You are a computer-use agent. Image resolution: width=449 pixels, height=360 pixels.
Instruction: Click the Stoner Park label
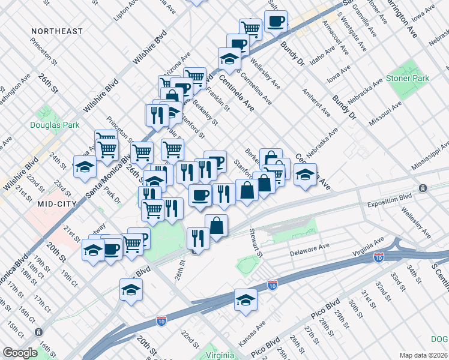coord(411,79)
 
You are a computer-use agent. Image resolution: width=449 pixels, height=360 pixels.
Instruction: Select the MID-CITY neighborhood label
coord(54,204)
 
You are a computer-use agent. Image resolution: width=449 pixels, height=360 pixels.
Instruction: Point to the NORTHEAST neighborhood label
coord(56,31)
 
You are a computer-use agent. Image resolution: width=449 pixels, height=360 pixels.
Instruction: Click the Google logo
coord(20,353)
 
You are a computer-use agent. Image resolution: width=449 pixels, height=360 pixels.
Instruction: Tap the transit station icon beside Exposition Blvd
coord(424,188)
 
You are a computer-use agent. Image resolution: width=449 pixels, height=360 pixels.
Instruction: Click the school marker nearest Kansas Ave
coord(246,299)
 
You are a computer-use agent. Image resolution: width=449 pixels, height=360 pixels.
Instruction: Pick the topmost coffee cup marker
coord(276,21)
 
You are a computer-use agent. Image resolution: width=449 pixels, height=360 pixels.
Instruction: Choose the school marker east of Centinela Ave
coord(305,175)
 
